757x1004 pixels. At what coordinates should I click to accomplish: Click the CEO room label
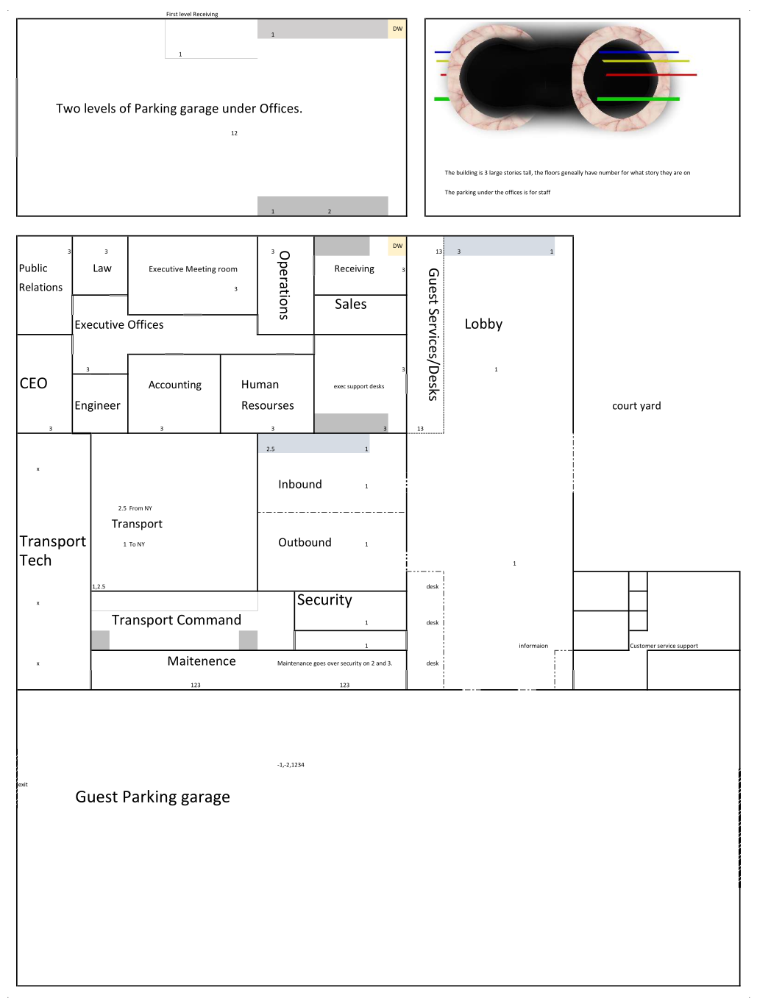[x=33, y=383]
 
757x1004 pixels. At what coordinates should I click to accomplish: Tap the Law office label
[x=102, y=268]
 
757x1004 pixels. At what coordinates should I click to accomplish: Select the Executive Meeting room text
[x=193, y=269]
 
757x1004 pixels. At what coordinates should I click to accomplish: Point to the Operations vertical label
[x=283, y=285]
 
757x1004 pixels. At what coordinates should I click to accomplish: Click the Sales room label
[x=350, y=305]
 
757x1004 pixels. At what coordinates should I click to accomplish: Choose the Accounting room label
[x=175, y=385]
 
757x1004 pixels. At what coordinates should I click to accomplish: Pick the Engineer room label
[x=97, y=405]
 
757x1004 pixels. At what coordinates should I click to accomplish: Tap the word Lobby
[x=483, y=324]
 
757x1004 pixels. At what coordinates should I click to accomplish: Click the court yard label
[x=636, y=406]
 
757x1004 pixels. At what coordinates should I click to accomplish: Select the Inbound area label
[x=300, y=484]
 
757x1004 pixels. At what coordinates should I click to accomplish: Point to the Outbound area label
[x=305, y=542]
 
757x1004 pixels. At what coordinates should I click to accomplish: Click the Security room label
[x=324, y=599]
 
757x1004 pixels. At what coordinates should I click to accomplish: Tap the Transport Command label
[x=176, y=620]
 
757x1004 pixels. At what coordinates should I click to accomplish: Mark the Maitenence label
[x=202, y=661]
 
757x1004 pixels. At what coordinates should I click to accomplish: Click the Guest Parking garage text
[x=152, y=797]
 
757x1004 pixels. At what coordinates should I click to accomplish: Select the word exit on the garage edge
[x=23, y=785]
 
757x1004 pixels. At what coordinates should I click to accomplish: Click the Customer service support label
[x=664, y=646]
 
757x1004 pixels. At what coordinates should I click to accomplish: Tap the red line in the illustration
[x=651, y=74]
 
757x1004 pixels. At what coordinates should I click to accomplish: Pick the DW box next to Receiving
[x=397, y=246]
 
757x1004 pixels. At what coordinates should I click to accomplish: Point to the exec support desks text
[x=358, y=386]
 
